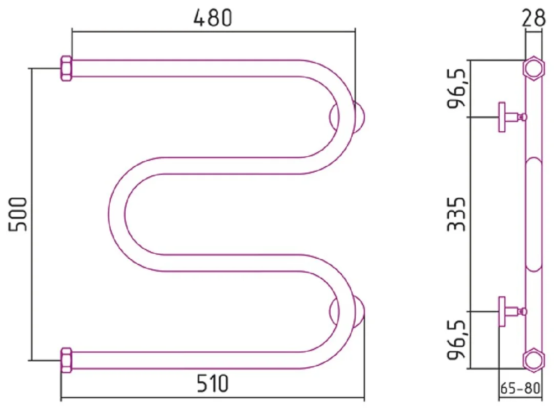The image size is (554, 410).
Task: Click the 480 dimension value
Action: click(x=213, y=18)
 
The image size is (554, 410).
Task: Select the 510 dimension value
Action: click(x=213, y=383)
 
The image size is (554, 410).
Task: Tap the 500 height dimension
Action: click(x=18, y=214)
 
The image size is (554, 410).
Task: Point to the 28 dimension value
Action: click(x=533, y=18)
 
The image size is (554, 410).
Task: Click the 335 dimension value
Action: click(x=456, y=214)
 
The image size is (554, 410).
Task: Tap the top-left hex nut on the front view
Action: click(x=66, y=68)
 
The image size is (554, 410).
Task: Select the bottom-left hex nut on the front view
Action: click(x=66, y=360)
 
